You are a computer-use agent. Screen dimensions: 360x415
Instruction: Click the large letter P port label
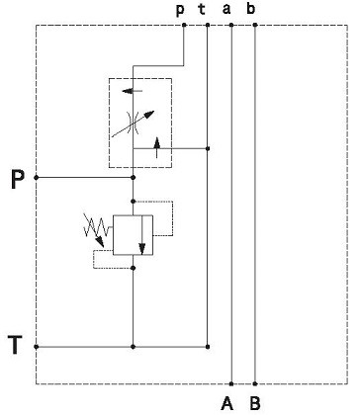click(18, 180)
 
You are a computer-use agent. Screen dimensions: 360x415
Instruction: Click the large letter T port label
click(15, 345)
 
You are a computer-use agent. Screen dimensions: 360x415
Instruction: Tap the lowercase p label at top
click(180, 10)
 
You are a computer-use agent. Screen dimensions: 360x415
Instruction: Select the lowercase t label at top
click(202, 9)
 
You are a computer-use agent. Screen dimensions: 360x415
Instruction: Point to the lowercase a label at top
click(226, 9)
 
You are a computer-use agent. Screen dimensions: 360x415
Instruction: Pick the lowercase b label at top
click(251, 8)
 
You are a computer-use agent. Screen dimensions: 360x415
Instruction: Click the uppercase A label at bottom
click(226, 403)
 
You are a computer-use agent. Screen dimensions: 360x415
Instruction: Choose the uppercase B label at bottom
click(255, 403)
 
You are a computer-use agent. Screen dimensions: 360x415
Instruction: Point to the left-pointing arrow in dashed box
click(133, 91)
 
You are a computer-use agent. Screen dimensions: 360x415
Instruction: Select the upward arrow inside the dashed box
click(157, 147)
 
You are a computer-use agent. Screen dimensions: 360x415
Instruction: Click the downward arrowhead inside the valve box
click(142, 249)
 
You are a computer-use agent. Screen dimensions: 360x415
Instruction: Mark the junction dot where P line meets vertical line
click(134, 178)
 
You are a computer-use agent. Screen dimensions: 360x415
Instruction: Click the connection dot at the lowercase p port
click(184, 25)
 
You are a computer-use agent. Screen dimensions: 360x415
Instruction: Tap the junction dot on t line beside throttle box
click(208, 148)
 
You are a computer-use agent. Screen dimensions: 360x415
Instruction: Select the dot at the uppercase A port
click(231, 383)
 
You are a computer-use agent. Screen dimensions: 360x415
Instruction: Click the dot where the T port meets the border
click(37, 347)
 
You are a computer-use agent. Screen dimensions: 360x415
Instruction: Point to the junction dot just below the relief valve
click(134, 268)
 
